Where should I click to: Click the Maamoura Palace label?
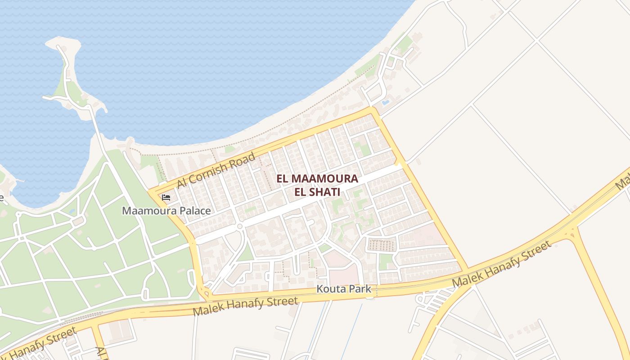[166, 211]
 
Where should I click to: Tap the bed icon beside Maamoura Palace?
[166, 197]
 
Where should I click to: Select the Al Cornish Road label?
[216, 171]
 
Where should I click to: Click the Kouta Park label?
[344, 289]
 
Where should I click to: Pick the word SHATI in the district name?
[323, 192]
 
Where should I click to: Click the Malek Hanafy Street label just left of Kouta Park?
[245, 306]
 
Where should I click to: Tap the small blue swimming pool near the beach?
[385, 103]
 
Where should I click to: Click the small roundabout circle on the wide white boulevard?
[240, 226]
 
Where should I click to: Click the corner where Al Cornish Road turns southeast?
[373, 109]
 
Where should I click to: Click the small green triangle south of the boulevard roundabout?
[245, 254]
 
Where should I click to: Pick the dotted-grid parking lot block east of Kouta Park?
[382, 245]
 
